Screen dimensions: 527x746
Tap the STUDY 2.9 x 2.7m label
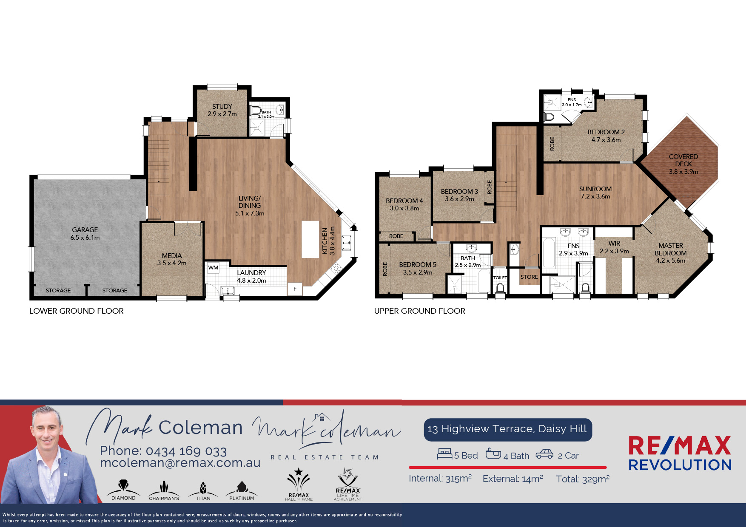click(x=222, y=110)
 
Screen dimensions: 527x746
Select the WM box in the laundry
click(x=213, y=268)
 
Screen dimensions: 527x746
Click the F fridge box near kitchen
click(x=295, y=289)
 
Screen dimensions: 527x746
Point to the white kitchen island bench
click(x=310, y=239)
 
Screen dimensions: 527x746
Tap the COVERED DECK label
click(x=683, y=164)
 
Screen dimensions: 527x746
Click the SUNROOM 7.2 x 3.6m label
click(x=595, y=193)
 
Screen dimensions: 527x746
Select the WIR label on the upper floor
click(x=614, y=244)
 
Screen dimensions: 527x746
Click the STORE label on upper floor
click(x=529, y=277)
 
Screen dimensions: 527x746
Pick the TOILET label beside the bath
click(x=500, y=278)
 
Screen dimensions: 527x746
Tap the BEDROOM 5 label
click(x=418, y=265)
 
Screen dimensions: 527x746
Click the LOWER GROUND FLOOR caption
click(x=77, y=311)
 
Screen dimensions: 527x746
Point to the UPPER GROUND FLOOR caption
click(x=420, y=311)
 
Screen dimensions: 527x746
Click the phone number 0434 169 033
click(x=186, y=451)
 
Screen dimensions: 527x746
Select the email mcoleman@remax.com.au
click(x=180, y=463)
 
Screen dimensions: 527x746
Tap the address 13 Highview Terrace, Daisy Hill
click(x=507, y=429)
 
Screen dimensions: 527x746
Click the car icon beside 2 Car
click(x=544, y=454)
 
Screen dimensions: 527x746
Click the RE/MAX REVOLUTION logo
click(x=680, y=453)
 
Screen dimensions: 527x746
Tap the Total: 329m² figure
click(x=583, y=479)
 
